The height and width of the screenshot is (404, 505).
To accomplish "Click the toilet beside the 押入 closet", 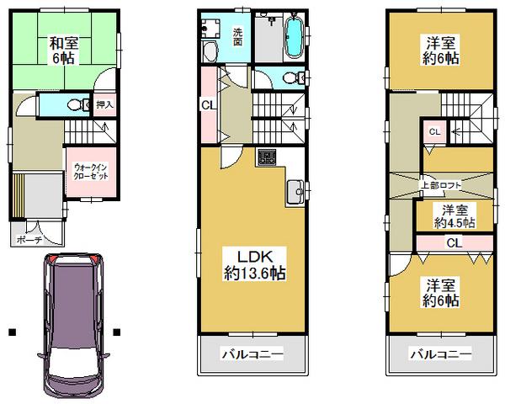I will [x=73, y=105].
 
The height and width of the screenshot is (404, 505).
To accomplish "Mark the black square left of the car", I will [x=13, y=331].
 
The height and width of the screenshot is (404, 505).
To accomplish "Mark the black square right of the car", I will [x=118, y=331].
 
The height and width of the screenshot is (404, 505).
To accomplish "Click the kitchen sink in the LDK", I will [x=295, y=192].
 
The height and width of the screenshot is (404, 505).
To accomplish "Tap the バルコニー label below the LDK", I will [x=251, y=355].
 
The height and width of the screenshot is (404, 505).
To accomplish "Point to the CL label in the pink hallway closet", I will [x=206, y=104].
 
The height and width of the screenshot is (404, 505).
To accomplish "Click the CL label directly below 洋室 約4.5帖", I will [x=453, y=243].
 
